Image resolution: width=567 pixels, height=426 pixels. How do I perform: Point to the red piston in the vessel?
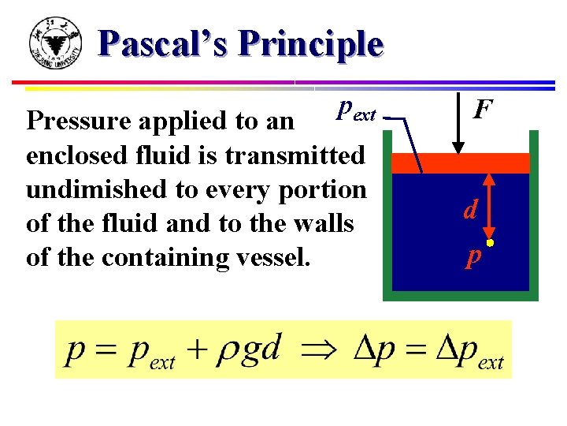461,163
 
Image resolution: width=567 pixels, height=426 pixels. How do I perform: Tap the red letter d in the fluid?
470,209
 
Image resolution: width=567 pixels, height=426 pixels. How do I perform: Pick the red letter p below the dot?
472,258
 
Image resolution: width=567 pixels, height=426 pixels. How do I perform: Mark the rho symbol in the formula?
233,353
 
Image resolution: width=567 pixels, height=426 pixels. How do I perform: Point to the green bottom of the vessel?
461,296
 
